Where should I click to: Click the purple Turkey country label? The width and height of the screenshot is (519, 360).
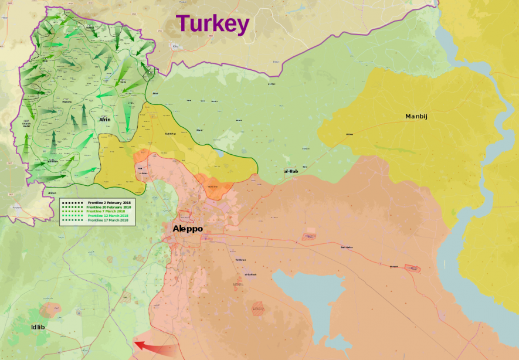213,24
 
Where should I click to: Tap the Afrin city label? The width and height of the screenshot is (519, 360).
105,120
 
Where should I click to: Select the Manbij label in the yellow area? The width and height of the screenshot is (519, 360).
416,116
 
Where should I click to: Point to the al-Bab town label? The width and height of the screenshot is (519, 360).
291,171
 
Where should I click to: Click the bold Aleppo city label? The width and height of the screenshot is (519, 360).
188,229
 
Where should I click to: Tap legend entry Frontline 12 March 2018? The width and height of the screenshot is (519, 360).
109,216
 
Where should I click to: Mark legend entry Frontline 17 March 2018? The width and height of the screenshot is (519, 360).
109,220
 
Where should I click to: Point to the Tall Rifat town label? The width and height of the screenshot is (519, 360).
170,134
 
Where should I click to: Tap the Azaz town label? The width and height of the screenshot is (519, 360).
155,93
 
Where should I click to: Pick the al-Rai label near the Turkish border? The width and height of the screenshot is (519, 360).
271,84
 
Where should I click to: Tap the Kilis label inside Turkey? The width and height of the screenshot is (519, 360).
174,45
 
